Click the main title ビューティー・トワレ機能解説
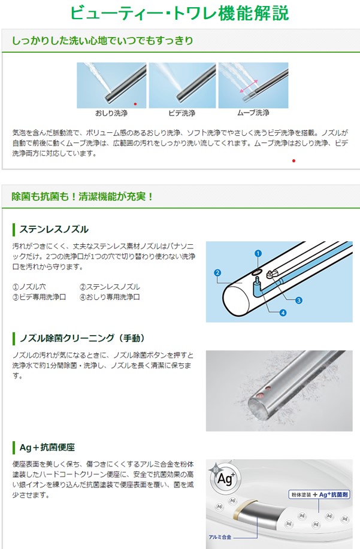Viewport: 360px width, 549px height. (180, 13)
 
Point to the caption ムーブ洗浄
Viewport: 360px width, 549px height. (253, 113)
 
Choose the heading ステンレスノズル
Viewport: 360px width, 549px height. (54, 229)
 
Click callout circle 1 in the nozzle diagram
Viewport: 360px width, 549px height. (258, 254)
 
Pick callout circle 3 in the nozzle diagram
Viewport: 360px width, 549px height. (298, 300)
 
